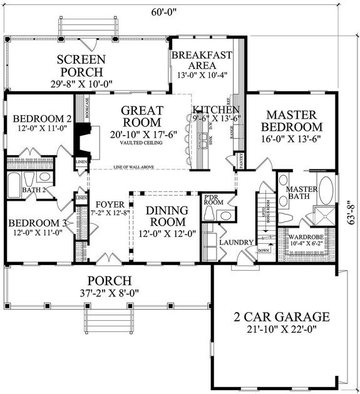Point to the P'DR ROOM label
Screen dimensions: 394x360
tap(212, 201)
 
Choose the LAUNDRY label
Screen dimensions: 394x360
tap(236, 243)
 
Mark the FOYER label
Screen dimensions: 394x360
tap(111, 204)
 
